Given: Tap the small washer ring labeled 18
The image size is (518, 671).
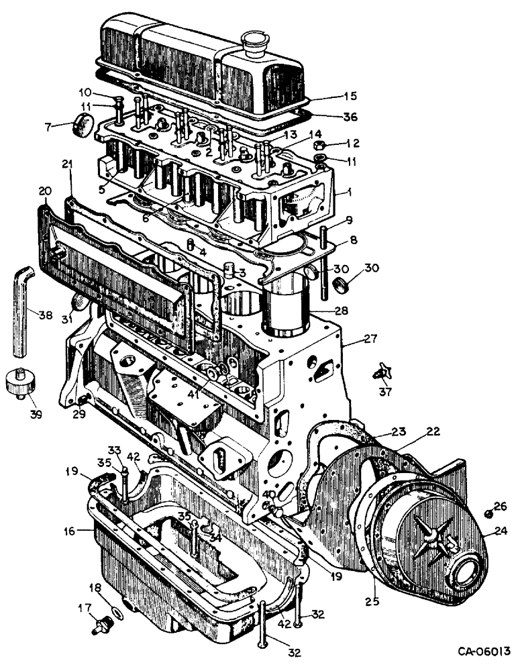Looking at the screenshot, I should (115, 611).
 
